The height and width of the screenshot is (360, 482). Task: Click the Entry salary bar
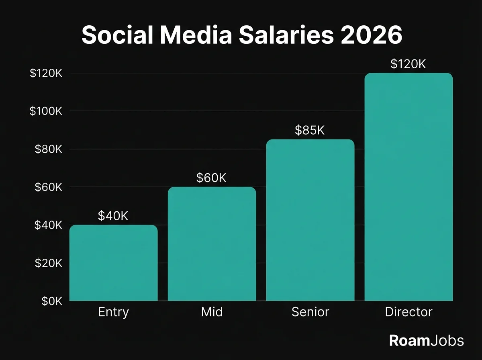pos(113,263)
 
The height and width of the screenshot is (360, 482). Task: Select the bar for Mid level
pos(212,244)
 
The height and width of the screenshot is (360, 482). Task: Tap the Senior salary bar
pos(310,220)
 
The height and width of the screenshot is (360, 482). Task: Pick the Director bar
pos(408,187)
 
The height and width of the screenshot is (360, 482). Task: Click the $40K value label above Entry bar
pos(113,216)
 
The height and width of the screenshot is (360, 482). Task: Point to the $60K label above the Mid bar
pos(211,178)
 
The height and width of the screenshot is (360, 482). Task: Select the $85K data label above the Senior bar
pos(310,131)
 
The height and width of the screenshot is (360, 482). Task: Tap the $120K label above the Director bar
pos(408,64)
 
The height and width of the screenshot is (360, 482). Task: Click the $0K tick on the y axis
pos(52,301)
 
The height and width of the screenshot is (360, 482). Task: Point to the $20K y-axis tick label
pos(49,263)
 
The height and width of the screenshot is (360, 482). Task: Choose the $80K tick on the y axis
pos(49,149)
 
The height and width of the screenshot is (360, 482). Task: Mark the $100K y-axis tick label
pos(46,111)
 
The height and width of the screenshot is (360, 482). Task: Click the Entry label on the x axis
pos(113,312)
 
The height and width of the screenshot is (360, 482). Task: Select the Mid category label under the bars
pos(212,312)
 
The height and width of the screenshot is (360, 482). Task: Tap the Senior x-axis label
pos(310,312)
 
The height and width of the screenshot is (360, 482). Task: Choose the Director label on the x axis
pos(408,312)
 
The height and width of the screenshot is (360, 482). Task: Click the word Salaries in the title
pos(286,36)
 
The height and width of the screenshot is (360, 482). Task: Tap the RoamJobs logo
pos(426,341)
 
